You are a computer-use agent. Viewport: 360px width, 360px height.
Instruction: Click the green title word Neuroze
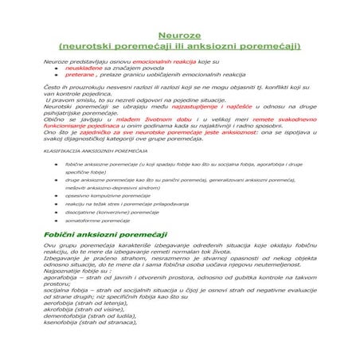(179, 36)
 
